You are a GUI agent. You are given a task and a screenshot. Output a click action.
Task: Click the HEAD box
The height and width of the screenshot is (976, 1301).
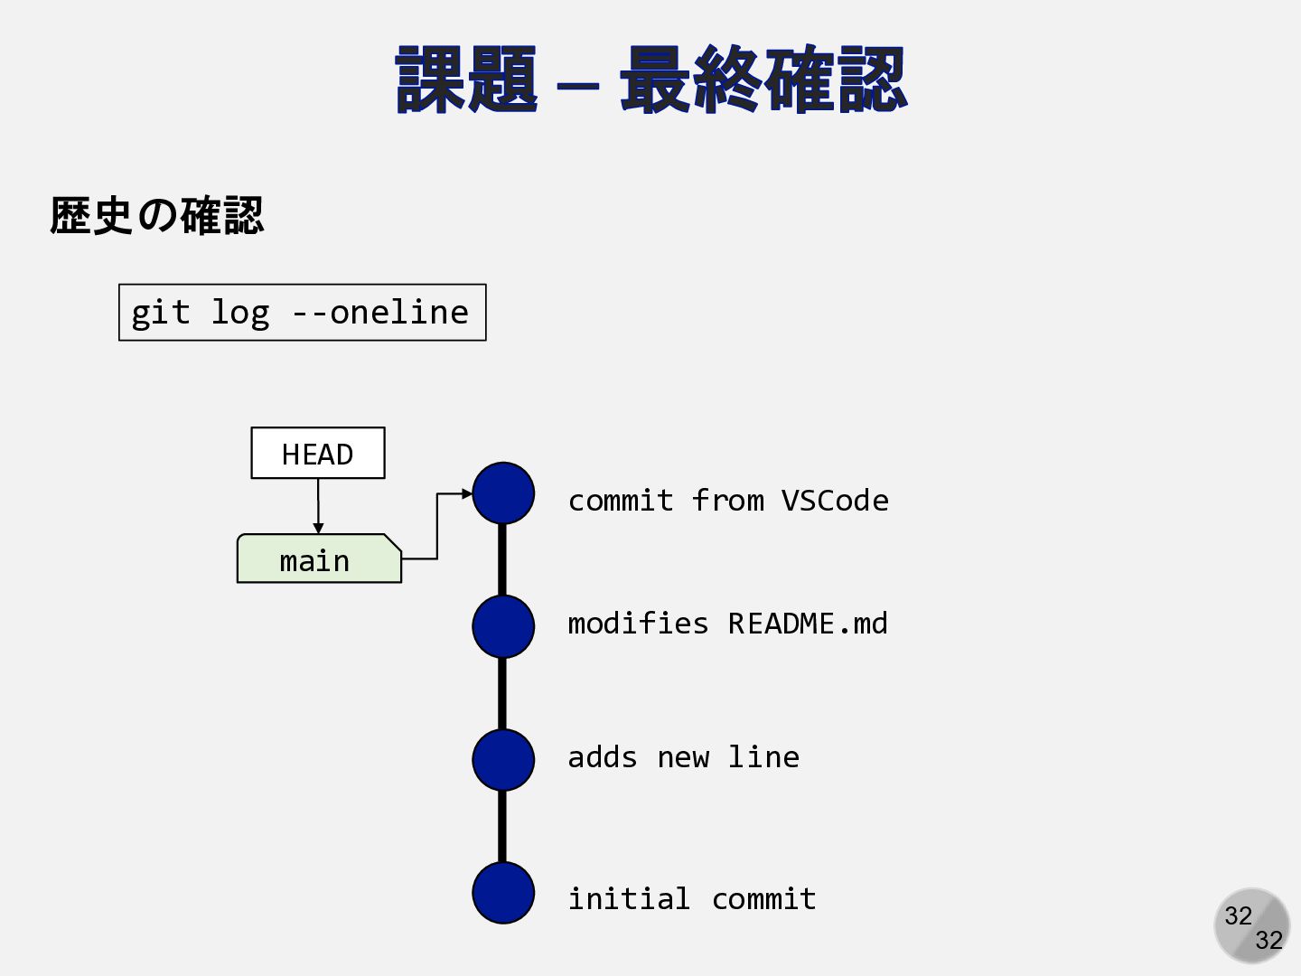pyautogui.click(x=317, y=453)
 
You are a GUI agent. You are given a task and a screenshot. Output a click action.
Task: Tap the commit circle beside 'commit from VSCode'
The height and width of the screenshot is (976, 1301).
pyautogui.click(x=503, y=493)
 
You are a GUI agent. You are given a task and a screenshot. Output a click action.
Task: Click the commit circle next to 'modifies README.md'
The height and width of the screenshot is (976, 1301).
pyautogui.click(x=503, y=626)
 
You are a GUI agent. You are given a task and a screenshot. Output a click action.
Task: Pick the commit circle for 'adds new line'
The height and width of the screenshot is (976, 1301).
pyautogui.click(x=503, y=760)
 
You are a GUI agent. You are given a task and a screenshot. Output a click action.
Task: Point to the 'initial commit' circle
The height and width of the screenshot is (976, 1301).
pyautogui.click(x=503, y=893)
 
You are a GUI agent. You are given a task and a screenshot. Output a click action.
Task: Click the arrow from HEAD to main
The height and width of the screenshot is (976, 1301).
pyautogui.click(x=318, y=506)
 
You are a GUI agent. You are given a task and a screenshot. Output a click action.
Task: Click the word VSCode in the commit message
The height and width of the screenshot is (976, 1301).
pyautogui.click(x=835, y=501)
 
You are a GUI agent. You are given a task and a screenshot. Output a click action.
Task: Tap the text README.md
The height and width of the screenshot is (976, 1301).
pyautogui.click(x=808, y=624)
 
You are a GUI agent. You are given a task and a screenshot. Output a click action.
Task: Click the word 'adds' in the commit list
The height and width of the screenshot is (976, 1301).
pyautogui.click(x=603, y=757)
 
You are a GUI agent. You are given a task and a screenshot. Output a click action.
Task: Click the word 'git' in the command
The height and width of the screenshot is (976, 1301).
pyautogui.click(x=161, y=313)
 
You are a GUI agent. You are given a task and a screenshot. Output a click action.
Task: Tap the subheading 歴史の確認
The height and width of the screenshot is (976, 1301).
pyautogui.click(x=156, y=216)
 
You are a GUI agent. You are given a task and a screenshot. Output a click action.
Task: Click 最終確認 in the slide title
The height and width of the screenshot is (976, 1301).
pyautogui.click(x=763, y=80)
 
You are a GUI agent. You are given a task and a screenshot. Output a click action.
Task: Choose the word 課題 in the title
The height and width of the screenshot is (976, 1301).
pyautogui.click(x=466, y=80)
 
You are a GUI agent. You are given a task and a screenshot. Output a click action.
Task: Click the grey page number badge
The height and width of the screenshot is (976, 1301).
pyautogui.click(x=1251, y=925)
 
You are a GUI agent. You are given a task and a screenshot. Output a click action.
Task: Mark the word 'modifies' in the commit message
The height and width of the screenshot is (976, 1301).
pyautogui.click(x=638, y=624)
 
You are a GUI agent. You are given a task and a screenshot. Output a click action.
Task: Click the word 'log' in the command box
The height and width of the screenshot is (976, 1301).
pyautogui.click(x=239, y=313)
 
